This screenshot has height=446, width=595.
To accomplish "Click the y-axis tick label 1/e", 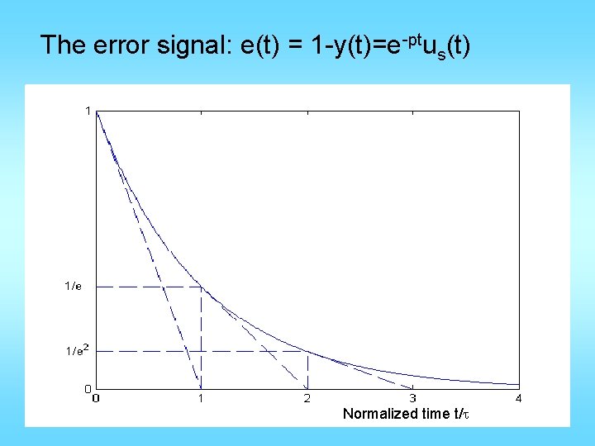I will coord(74,287).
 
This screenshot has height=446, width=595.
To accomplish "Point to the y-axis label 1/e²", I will coord(76,351).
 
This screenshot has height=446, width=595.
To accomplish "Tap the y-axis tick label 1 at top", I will coord(88,110).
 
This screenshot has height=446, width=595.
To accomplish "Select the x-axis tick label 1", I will coord(201,399).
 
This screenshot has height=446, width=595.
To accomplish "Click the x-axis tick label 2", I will coord(307,399).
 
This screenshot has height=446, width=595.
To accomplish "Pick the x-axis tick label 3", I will coord(413,399).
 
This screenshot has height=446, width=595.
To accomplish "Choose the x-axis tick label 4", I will coord(519,399).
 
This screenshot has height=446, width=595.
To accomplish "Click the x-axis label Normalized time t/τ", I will coord(406,414).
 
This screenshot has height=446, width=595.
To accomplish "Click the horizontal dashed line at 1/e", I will coord(140,287).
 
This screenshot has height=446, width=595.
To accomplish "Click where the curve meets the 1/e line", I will coord(202,287).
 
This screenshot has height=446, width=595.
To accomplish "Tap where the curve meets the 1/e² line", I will coord(307,351).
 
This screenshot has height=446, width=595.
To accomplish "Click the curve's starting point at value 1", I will coord(97,111).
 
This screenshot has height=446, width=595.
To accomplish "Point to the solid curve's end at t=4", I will coord(518,384).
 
